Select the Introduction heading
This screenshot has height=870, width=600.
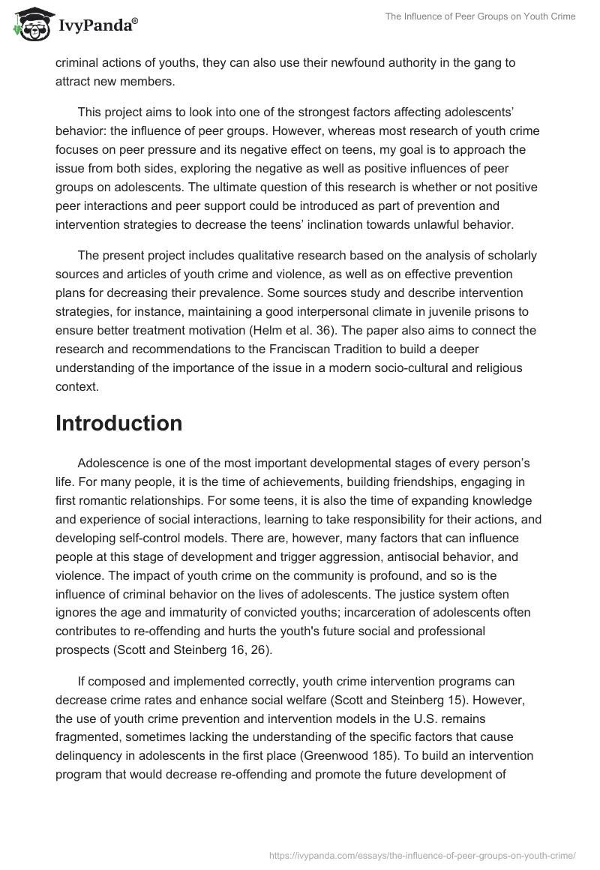click(118, 424)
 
